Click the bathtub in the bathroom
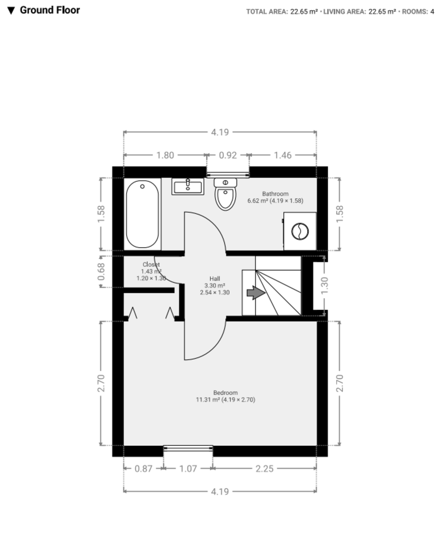pos(143,214)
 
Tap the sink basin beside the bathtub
pos(188,186)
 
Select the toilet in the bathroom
pos(225,195)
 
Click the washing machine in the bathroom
pos(300,231)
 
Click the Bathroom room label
pos(275,194)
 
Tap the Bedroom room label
pos(225,393)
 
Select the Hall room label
pos(214,279)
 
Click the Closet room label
pos(151,264)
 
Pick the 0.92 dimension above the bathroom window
pos(228,155)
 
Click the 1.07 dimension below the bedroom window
pos(188,469)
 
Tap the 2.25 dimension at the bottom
pos(264,469)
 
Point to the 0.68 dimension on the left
pos(102,271)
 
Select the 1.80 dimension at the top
pos(165,155)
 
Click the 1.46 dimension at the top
pos(282,155)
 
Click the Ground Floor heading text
pos(50,10)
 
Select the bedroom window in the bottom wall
pos(188,448)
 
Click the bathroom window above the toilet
pos(228,174)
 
